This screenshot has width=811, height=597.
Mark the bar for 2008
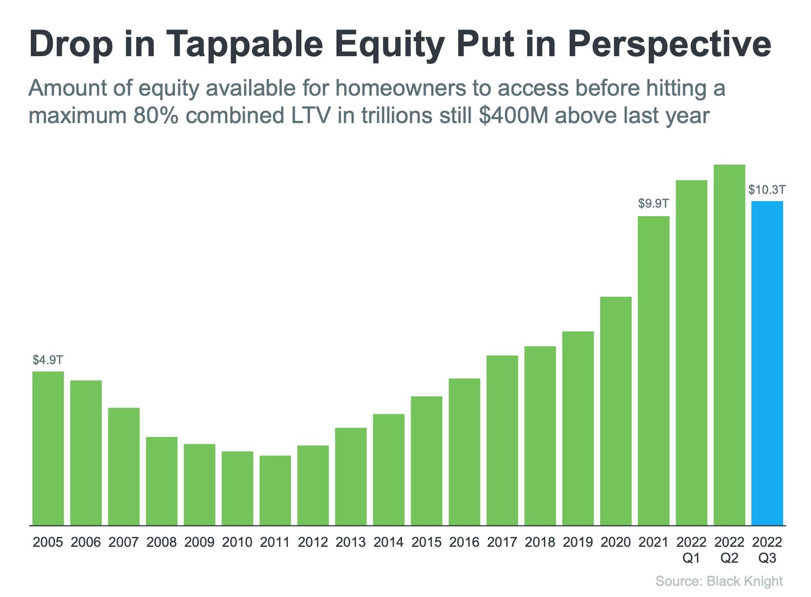point(162,481)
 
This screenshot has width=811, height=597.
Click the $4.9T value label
point(48,360)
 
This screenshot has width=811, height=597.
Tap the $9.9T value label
point(653,203)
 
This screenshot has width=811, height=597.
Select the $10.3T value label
point(767,190)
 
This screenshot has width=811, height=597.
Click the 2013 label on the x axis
point(351,542)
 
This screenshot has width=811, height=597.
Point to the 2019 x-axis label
point(578,542)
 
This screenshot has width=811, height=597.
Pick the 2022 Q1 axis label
point(691,550)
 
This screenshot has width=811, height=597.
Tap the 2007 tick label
point(123,542)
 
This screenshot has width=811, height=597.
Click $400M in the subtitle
point(514,115)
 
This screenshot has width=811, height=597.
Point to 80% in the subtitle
point(156,115)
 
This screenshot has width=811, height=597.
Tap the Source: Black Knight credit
point(719,581)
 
